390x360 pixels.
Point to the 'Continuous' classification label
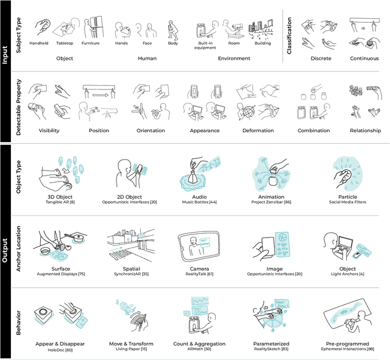coord(364,58)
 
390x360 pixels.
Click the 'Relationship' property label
coord(365,130)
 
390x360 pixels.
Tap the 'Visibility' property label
coord(48,130)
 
